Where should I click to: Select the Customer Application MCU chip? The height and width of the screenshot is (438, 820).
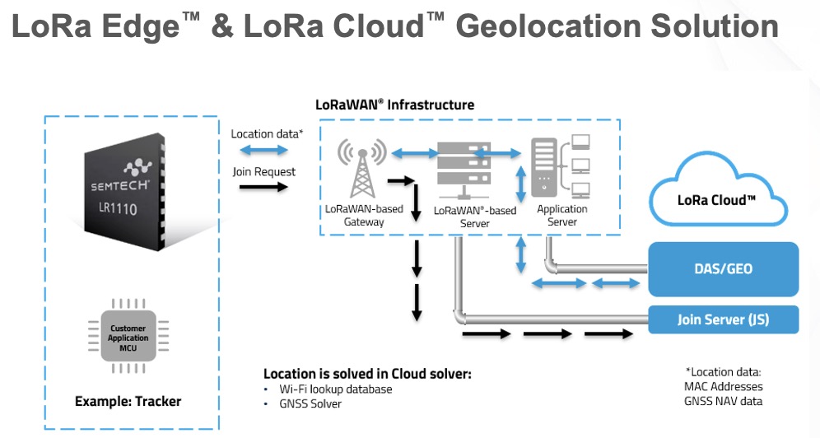pos(129,338)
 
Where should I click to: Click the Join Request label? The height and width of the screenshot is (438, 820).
pos(263,171)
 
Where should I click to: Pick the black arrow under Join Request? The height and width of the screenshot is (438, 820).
pos(263,188)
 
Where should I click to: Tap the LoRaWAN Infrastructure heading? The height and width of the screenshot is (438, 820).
pos(395,105)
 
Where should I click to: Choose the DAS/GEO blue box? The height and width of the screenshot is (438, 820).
pos(724,269)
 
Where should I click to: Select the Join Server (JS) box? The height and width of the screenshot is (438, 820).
pos(724,319)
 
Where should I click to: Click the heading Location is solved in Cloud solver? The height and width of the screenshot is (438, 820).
pos(367,374)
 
